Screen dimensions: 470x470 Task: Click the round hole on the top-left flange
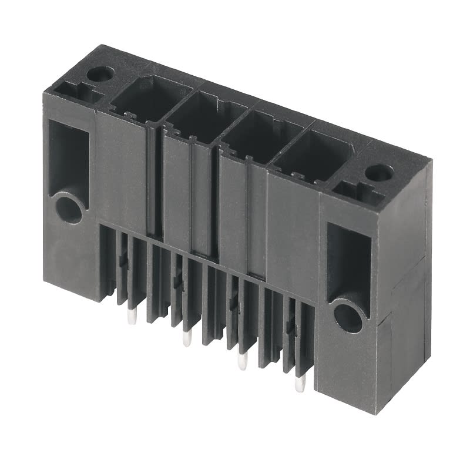[x=100, y=74]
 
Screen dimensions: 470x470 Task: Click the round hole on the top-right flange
[x=379, y=173]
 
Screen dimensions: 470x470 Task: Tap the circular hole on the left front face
[x=69, y=209]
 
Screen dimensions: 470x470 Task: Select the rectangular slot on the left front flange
[x=68, y=156]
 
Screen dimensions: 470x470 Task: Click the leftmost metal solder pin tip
[x=130, y=317]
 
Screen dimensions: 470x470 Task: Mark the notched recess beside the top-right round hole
[x=355, y=190]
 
